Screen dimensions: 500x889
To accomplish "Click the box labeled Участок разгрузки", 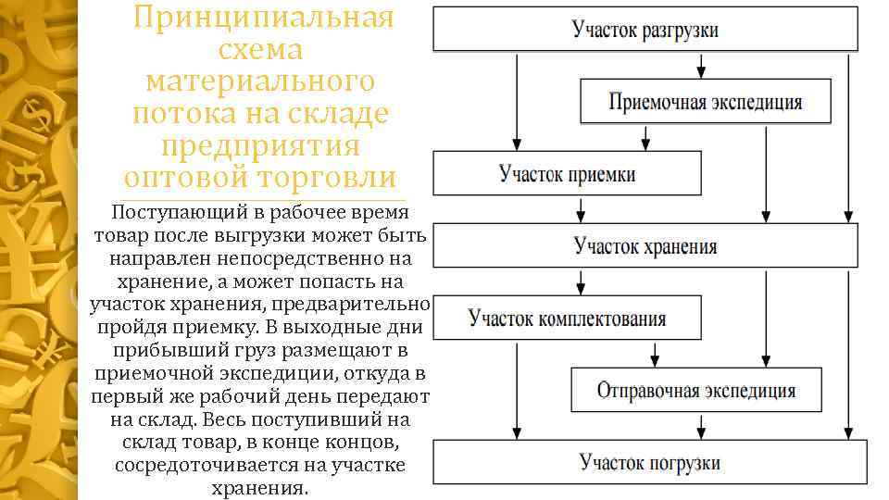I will (645, 30).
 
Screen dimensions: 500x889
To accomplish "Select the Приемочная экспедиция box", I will (705, 102).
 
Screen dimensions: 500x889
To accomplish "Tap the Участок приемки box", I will (568, 173).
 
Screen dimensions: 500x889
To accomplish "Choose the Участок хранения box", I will (645, 245).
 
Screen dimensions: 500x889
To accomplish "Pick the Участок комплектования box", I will (567, 319).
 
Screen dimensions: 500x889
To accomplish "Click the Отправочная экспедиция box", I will (695, 390).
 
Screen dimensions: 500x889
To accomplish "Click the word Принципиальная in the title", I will (264, 18).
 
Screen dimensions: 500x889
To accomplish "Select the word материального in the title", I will (261, 81).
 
